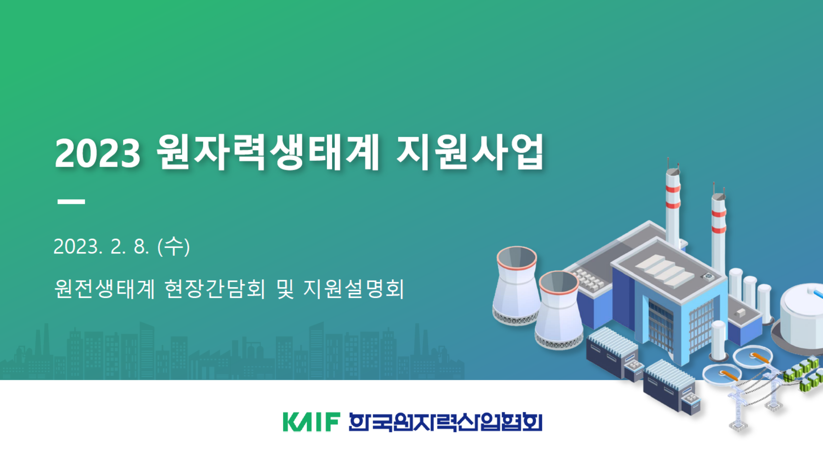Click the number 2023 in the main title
(x=98, y=153)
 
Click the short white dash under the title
(x=71, y=202)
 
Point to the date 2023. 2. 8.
(x=101, y=247)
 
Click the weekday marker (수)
(x=174, y=246)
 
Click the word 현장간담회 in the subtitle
(x=215, y=289)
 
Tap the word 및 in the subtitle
(x=285, y=289)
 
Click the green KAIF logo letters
(x=312, y=422)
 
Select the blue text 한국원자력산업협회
(x=445, y=422)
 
